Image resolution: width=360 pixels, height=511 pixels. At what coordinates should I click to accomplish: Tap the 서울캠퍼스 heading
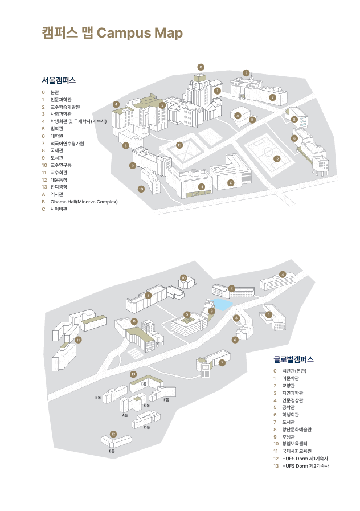(x=59, y=80)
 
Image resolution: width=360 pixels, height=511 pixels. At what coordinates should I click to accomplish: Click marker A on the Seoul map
(x=238, y=116)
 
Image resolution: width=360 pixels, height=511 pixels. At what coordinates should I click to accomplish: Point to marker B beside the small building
(x=252, y=120)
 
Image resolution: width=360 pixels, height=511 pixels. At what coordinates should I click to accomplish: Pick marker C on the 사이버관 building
(x=230, y=182)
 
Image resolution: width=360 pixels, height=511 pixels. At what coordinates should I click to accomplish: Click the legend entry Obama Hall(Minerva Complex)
(x=84, y=202)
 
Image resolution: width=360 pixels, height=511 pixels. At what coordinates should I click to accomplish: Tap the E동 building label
(x=112, y=451)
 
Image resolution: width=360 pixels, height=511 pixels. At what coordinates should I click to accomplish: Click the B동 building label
(x=98, y=397)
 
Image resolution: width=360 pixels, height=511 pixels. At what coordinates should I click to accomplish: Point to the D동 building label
(x=146, y=427)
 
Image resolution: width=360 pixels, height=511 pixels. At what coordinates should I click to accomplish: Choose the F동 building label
(x=166, y=400)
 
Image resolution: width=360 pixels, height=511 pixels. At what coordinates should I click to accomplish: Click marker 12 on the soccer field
(x=277, y=158)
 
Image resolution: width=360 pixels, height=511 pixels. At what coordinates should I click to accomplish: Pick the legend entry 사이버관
(x=59, y=209)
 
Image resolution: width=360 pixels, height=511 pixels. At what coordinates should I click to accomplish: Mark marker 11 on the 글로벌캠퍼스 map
(x=79, y=340)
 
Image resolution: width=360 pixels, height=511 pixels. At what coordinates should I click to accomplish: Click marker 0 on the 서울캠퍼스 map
(x=201, y=67)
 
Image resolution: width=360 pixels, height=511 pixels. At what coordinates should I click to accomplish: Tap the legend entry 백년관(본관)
(x=294, y=371)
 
